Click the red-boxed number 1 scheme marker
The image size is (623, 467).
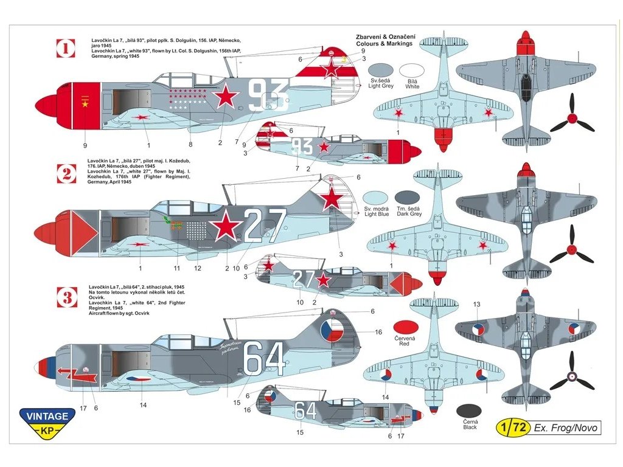click(66, 48)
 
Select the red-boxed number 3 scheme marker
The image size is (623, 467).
click(66, 297)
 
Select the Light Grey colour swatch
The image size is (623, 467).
click(381, 71)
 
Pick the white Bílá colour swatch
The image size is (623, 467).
click(412, 71)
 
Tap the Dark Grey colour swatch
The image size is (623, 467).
click(407, 197)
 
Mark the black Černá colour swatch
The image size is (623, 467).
click(468, 411)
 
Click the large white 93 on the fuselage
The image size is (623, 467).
click(268, 96)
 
